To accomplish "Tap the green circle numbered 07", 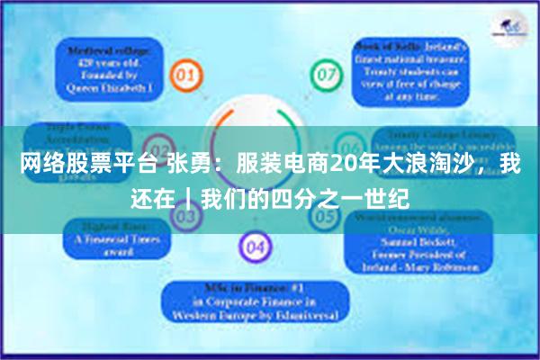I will point(323,73).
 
